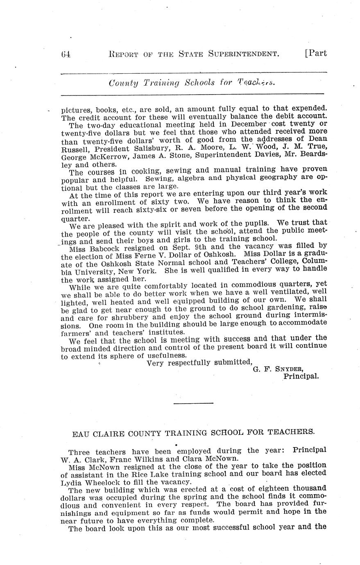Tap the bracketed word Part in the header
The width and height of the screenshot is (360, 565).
point(316,54)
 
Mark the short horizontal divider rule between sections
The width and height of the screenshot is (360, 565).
point(193,404)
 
